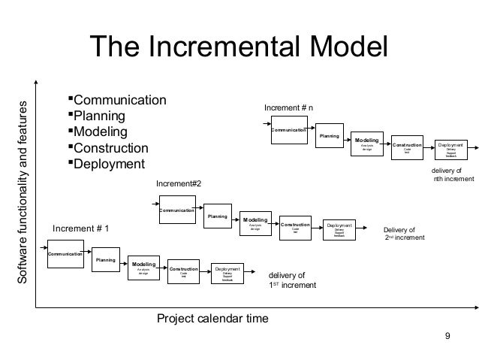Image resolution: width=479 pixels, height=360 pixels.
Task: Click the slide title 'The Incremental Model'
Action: pos(239,48)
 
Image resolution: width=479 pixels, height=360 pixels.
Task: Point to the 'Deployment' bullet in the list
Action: pos(109,164)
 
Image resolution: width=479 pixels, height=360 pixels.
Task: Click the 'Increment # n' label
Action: pos(288,109)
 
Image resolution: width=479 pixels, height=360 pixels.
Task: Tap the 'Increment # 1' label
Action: pos(80,228)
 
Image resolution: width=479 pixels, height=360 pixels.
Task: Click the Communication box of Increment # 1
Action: pos(65,254)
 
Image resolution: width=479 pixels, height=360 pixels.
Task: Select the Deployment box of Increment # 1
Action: pos(227,274)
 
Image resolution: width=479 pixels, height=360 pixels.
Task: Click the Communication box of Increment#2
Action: pos(177,210)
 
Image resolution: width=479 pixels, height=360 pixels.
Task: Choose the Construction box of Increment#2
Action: pos(296,228)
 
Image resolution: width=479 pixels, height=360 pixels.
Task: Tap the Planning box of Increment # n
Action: pos(330,137)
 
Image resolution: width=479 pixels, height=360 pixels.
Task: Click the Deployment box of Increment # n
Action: pos(450,148)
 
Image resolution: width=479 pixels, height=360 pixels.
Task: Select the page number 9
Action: pos(448,335)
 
